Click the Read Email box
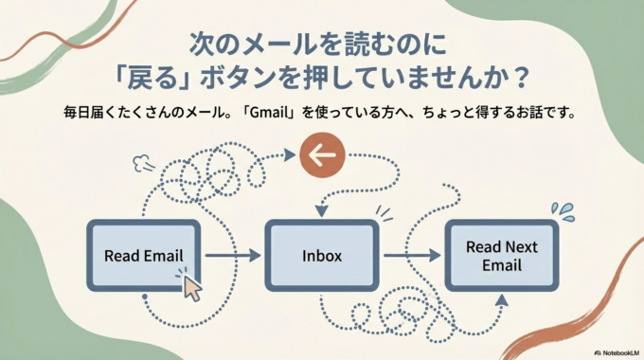[143, 256]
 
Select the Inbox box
[322, 256]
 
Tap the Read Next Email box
[501, 256]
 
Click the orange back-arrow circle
[322, 154]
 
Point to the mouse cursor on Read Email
[191, 286]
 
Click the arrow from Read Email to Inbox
[232, 256]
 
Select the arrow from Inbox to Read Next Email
[412, 256]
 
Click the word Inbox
[322, 256]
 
